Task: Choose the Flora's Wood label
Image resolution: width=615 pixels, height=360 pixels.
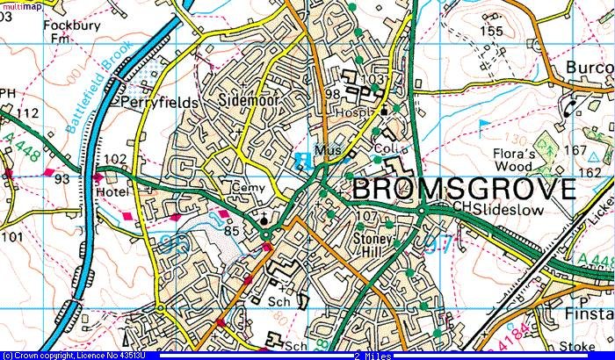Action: tap(508, 158)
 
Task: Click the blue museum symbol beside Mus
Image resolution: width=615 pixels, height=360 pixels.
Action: tap(304, 160)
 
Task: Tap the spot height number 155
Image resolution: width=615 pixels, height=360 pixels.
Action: tap(492, 32)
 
